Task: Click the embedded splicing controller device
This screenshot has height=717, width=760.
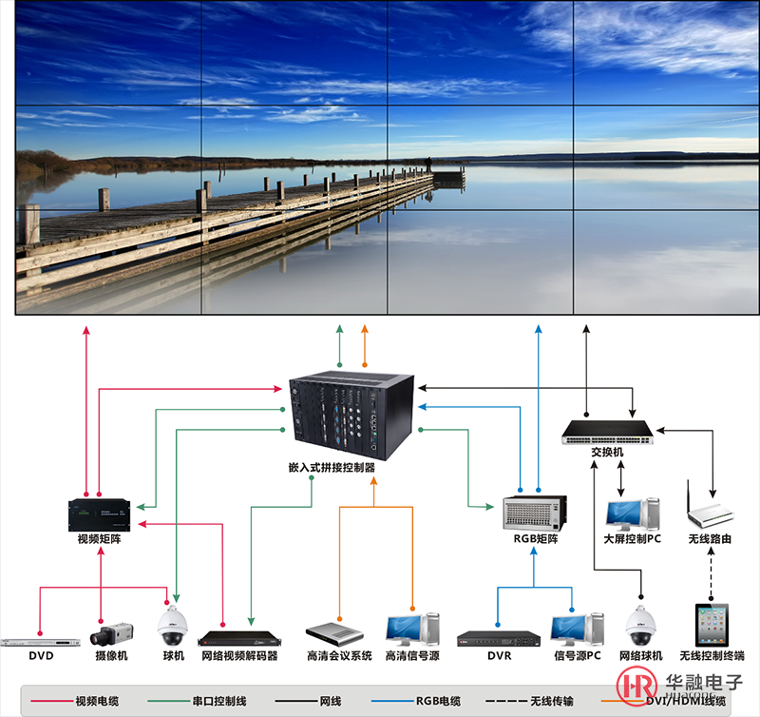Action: click(351, 412)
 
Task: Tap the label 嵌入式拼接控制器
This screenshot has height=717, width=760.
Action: click(332, 468)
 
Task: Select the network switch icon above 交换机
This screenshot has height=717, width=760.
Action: click(607, 432)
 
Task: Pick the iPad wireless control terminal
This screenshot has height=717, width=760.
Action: click(712, 623)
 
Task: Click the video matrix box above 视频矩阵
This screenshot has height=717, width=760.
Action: click(99, 514)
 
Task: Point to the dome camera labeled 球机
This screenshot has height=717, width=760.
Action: click(172, 626)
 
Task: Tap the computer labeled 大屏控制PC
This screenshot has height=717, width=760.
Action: click(632, 514)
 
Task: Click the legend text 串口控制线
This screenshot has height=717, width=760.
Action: click(219, 701)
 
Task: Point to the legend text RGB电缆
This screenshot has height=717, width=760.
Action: click(437, 701)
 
